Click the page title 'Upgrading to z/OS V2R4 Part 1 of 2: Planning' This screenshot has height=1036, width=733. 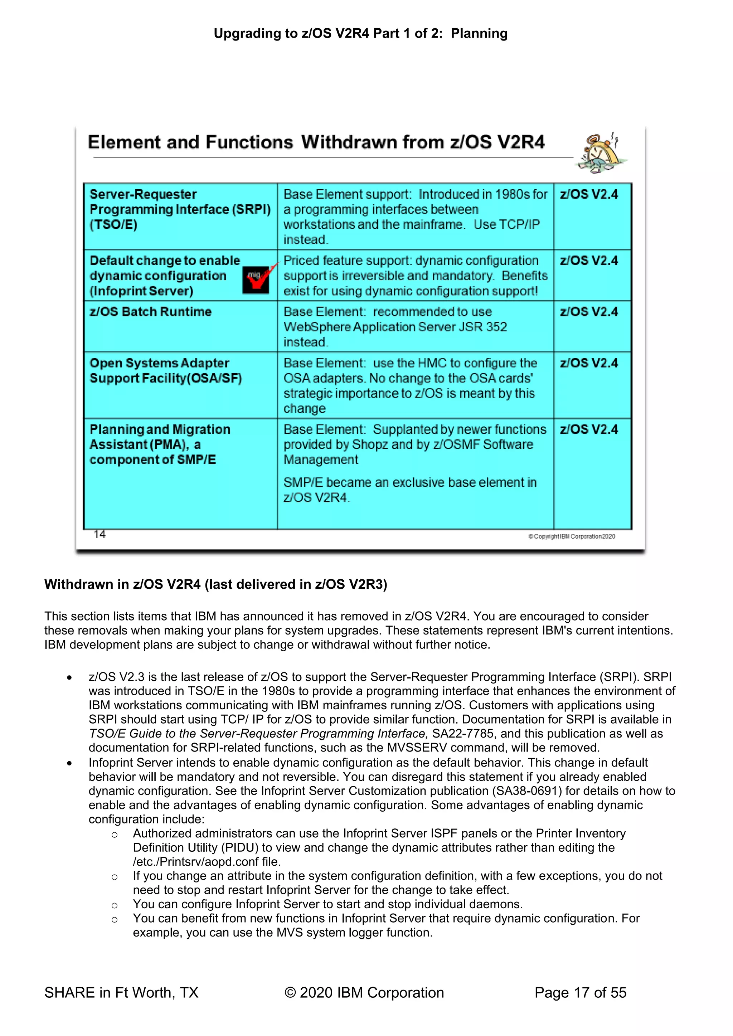tap(361, 33)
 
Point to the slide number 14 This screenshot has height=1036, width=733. tap(100, 534)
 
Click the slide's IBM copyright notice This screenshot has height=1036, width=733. tap(572, 536)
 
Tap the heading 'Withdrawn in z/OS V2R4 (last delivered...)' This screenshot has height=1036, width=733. tap(216, 584)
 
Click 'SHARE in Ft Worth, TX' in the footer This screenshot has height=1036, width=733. tap(121, 993)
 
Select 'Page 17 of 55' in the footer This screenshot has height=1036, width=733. tap(581, 993)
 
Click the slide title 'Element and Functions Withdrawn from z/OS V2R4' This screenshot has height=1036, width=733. tap(316, 142)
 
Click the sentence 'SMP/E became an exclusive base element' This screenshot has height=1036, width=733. tap(410, 483)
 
